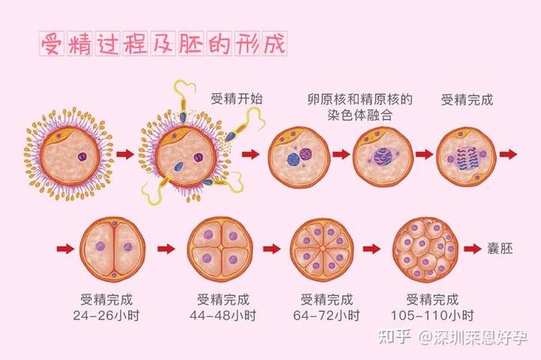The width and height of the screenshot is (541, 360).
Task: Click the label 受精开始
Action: pyautogui.click(x=236, y=99)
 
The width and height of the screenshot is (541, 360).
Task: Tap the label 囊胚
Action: pyautogui.click(x=500, y=248)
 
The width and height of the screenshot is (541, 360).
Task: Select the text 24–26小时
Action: pyautogui.click(x=106, y=316)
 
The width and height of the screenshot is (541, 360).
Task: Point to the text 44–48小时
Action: pyautogui.click(x=222, y=316)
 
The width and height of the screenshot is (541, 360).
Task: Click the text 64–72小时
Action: pyautogui.click(x=327, y=316)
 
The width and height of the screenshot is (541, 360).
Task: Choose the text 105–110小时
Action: pyautogui.click(x=433, y=316)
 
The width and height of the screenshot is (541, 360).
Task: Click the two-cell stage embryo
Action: pyautogui.click(x=113, y=248)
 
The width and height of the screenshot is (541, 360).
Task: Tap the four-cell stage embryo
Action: pyautogui.click(x=221, y=248)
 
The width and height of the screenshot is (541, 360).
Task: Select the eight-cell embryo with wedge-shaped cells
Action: pyautogui.click(x=323, y=249)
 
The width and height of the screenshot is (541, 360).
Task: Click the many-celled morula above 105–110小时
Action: pyautogui.click(x=425, y=249)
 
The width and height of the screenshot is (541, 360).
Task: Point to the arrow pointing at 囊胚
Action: pyautogui.click(x=473, y=248)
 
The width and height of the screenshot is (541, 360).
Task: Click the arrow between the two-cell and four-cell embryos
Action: pyautogui.click(x=166, y=248)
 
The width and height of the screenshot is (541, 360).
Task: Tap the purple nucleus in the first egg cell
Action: pyautogui.click(x=82, y=157)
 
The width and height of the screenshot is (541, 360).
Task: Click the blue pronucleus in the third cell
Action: pyautogui.click(x=293, y=159)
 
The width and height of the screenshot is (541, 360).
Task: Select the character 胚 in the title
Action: pyautogui.click(x=190, y=44)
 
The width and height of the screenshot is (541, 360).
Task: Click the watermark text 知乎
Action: pyautogui.click(x=395, y=336)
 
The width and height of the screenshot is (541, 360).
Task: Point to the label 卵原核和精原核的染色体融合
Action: pyautogui.click(x=360, y=107)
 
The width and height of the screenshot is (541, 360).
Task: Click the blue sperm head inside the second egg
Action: pyautogui.click(x=179, y=166)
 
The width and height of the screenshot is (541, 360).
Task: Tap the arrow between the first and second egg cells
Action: pyautogui.click(x=125, y=154)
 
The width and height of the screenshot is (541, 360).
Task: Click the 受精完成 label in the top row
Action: pyautogui.click(x=467, y=100)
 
